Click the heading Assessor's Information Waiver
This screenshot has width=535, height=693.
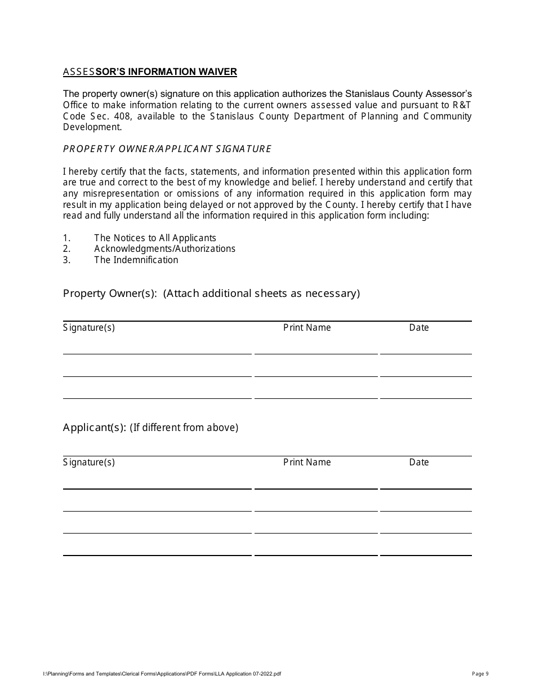[x=150, y=72]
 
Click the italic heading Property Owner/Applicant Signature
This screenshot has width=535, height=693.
[x=167, y=149]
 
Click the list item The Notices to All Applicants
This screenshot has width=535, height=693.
[x=155, y=238]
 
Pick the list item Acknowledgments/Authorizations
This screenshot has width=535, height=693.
[x=164, y=248]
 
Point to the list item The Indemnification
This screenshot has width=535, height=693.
[x=136, y=260]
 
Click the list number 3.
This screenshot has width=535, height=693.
[x=66, y=260]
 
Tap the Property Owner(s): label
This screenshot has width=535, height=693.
[x=110, y=293]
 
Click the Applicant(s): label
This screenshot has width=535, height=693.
[x=94, y=427]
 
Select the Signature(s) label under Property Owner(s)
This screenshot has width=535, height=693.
[x=89, y=327]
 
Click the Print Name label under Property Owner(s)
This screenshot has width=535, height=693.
[x=307, y=327]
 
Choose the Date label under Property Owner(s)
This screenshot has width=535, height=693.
[x=419, y=327]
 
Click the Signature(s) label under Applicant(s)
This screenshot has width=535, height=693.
[x=89, y=462]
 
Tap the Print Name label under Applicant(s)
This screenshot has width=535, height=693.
[x=307, y=462]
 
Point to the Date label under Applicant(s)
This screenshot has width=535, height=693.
[x=419, y=462]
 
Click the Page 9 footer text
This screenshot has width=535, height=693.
[x=480, y=673]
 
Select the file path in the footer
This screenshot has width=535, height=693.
[x=162, y=673]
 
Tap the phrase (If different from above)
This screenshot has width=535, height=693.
[x=184, y=427]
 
